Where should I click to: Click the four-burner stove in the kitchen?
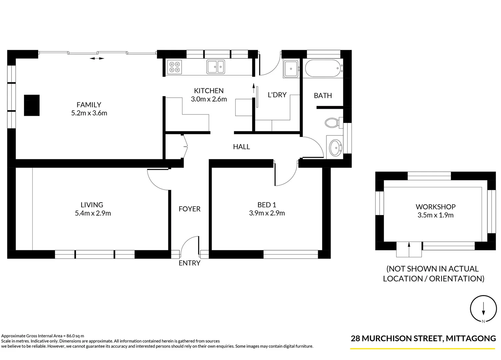pyautogui.click(x=174, y=67)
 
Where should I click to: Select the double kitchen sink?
pyautogui.click(x=215, y=67)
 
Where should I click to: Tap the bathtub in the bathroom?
pyautogui.click(x=322, y=69)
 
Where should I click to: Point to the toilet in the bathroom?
pyautogui.click(x=332, y=123)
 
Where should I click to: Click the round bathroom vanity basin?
pyautogui.click(x=335, y=147)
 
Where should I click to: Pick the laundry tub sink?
pyautogui.click(x=291, y=69)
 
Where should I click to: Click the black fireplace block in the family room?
pyautogui.click(x=32, y=105)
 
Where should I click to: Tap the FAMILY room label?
pyautogui.click(x=89, y=105)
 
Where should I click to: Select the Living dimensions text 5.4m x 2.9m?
pyautogui.click(x=93, y=213)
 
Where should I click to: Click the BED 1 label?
pyautogui.click(x=267, y=205)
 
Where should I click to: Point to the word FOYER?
pyautogui.click(x=189, y=209)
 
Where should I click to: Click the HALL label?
pyautogui.click(x=241, y=147)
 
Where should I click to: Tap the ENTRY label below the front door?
pyautogui.click(x=189, y=263)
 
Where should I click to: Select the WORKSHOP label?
pyautogui.click(x=435, y=207)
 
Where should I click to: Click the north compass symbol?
pyautogui.click(x=483, y=309)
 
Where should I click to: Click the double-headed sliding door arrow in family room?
pyautogui.click(x=97, y=59)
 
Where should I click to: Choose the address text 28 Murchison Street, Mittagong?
pyautogui.click(x=423, y=338)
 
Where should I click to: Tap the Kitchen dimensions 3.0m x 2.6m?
pyautogui.click(x=209, y=99)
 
